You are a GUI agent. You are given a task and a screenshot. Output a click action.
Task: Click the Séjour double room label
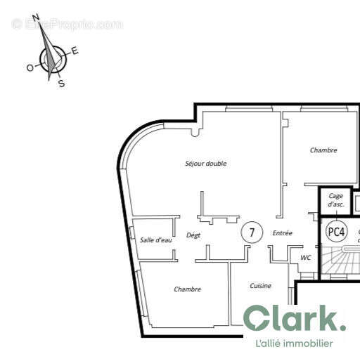click(205, 164)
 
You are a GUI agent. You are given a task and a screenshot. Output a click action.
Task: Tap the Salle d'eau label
click(156, 240)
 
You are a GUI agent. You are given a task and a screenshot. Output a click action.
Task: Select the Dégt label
click(194, 236)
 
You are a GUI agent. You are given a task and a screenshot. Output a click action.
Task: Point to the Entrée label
click(283, 233)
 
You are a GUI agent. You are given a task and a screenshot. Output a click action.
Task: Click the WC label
click(305, 258)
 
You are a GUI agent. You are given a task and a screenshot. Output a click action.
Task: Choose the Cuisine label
click(261, 286)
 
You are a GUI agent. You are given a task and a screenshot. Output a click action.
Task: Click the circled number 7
click(252, 232)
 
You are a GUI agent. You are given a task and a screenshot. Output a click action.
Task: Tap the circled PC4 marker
click(337, 230)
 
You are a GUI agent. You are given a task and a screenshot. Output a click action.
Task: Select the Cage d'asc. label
click(336, 200)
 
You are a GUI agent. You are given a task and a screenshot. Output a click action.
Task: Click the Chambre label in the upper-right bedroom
click(323, 150)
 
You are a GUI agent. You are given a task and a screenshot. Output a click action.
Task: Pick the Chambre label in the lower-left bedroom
click(188, 289)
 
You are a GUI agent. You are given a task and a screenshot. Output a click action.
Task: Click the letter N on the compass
click(37, 19)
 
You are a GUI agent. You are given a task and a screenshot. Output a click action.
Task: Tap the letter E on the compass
click(75, 51)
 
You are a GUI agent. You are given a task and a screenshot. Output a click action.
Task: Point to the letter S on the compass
click(61, 84)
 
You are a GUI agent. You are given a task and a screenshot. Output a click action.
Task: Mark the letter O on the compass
click(30, 67)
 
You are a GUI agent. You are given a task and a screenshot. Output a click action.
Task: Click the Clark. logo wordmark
click(295, 320)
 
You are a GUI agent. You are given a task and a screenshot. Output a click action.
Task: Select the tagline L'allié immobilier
click(294, 343)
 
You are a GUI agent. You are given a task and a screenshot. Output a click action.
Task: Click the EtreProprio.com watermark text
click(67, 24)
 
